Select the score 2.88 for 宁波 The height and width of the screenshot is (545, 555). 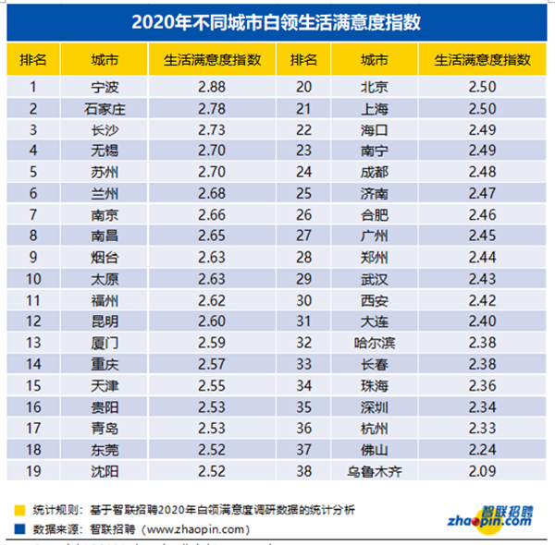pyautogui.click(x=212, y=88)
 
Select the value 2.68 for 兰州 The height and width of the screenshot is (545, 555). pyautogui.click(x=212, y=194)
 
